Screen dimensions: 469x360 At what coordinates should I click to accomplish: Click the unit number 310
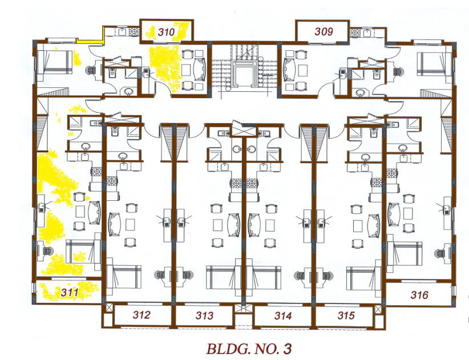coord(166,32)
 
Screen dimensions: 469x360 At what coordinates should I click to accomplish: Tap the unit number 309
coord(324,31)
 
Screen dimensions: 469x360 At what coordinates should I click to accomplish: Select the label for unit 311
coord(70,292)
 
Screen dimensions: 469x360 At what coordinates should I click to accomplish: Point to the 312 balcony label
coord(141,314)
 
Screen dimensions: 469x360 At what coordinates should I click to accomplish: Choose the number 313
coord(205,315)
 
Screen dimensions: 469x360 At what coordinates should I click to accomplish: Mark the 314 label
coord(283,315)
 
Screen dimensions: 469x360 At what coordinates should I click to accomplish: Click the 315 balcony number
coord(346,315)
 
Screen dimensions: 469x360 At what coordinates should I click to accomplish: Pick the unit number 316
coord(419,295)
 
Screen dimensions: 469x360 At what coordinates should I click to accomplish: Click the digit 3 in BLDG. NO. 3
coord(288,349)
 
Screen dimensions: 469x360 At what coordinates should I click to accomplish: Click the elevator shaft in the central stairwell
coord(244,76)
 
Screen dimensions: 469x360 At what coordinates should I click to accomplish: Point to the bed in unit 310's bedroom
coord(55,62)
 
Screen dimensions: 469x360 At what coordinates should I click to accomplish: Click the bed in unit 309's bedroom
coord(434,64)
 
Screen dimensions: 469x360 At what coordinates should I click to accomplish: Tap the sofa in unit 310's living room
coord(200,70)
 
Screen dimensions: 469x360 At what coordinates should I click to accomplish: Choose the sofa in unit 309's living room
coord(289,70)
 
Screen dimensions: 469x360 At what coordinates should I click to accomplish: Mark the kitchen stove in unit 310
coord(134,32)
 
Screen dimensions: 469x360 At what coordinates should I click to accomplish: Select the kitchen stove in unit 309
coord(355,33)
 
